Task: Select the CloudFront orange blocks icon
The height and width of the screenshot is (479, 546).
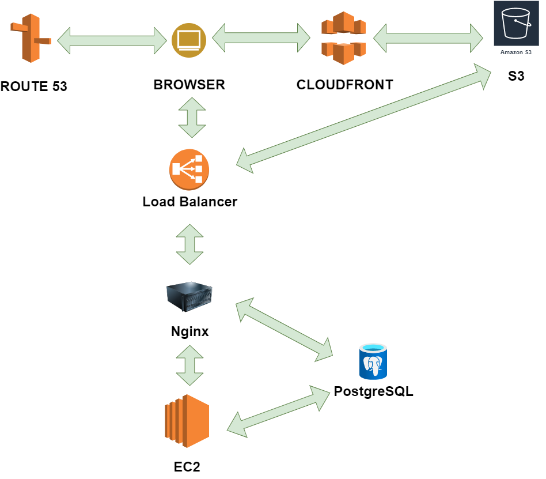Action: [343, 37]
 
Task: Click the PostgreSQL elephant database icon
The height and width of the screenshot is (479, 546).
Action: [373, 361]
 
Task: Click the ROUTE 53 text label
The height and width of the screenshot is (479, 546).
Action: [34, 87]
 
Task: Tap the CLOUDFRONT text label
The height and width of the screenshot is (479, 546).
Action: [344, 85]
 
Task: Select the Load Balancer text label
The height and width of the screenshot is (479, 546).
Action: [189, 202]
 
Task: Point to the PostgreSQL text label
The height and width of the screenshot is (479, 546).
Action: [373, 392]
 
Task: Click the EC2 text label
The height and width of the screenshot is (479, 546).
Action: [187, 466]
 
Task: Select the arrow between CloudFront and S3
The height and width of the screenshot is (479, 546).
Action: [429, 39]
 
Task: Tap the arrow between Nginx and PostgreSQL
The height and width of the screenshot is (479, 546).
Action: [285, 330]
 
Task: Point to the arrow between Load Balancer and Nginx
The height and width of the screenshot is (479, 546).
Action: [189, 244]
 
